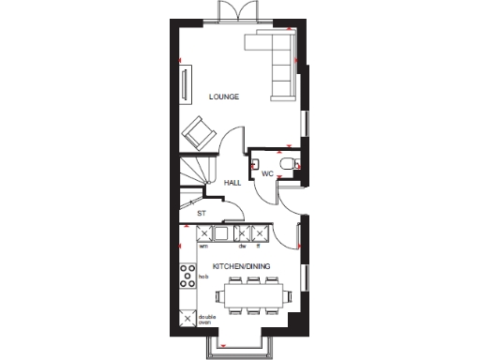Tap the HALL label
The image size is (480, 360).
click(x=232, y=183)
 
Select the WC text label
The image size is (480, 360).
click(x=266, y=174)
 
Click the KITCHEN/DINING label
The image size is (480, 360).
click(x=241, y=267)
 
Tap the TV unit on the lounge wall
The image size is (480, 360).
click(x=185, y=82)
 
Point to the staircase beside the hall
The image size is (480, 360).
click(x=194, y=177)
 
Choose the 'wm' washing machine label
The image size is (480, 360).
click(x=202, y=247)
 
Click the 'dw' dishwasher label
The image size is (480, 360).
click(x=242, y=247)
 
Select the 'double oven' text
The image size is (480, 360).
click(x=205, y=320)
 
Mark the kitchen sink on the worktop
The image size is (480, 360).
click(x=224, y=234)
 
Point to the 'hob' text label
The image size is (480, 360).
click(x=202, y=277)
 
